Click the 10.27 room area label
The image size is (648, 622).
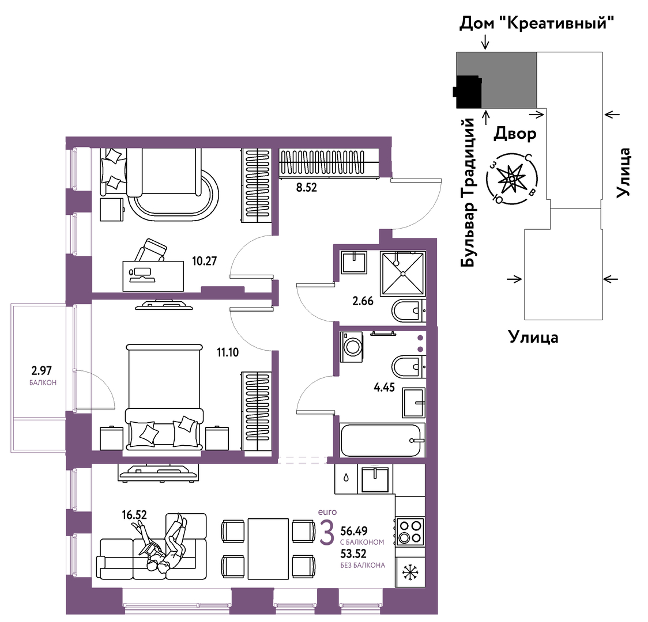(204, 261)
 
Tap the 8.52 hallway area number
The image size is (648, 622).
(306, 188)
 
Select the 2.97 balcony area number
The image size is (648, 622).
(42, 370)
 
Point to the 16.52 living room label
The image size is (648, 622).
(134, 515)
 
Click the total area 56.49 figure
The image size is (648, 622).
(354, 531)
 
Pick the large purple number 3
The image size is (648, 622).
(327, 534)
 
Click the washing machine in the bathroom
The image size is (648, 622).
(352, 347)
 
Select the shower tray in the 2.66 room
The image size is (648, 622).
(403, 275)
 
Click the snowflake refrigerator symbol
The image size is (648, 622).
(409, 572)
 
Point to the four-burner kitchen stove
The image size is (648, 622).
(409, 532)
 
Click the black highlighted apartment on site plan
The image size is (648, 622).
(468, 92)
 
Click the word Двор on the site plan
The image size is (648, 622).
(515, 133)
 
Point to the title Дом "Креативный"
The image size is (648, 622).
(536, 24)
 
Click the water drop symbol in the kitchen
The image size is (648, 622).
(346, 477)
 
